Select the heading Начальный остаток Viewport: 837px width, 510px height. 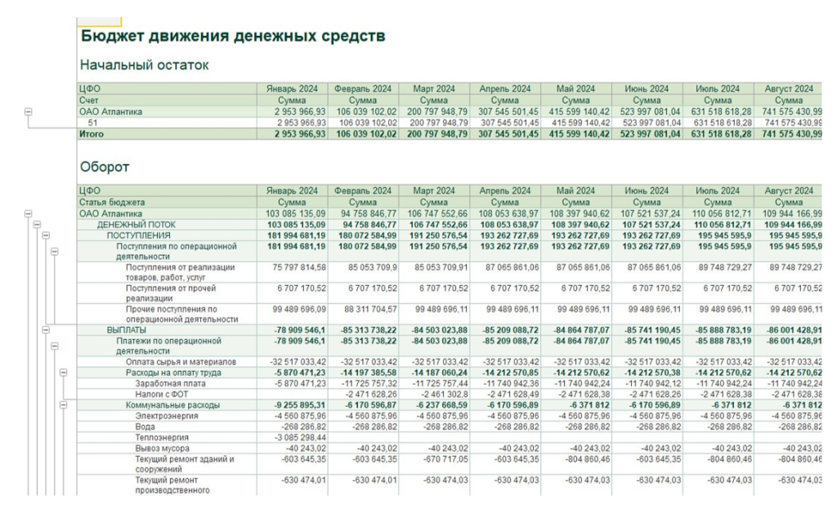point(145,65)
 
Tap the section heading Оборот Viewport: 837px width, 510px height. point(105,168)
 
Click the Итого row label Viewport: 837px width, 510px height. point(92,134)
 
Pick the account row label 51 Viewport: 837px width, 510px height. point(93,123)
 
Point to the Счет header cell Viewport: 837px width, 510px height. point(89,101)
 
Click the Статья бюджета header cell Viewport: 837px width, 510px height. point(112,202)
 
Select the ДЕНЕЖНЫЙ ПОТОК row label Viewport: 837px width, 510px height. point(136,224)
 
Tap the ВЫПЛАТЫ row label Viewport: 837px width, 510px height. point(126,329)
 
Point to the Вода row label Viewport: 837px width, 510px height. point(145,426)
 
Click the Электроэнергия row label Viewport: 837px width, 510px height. point(166,415)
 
